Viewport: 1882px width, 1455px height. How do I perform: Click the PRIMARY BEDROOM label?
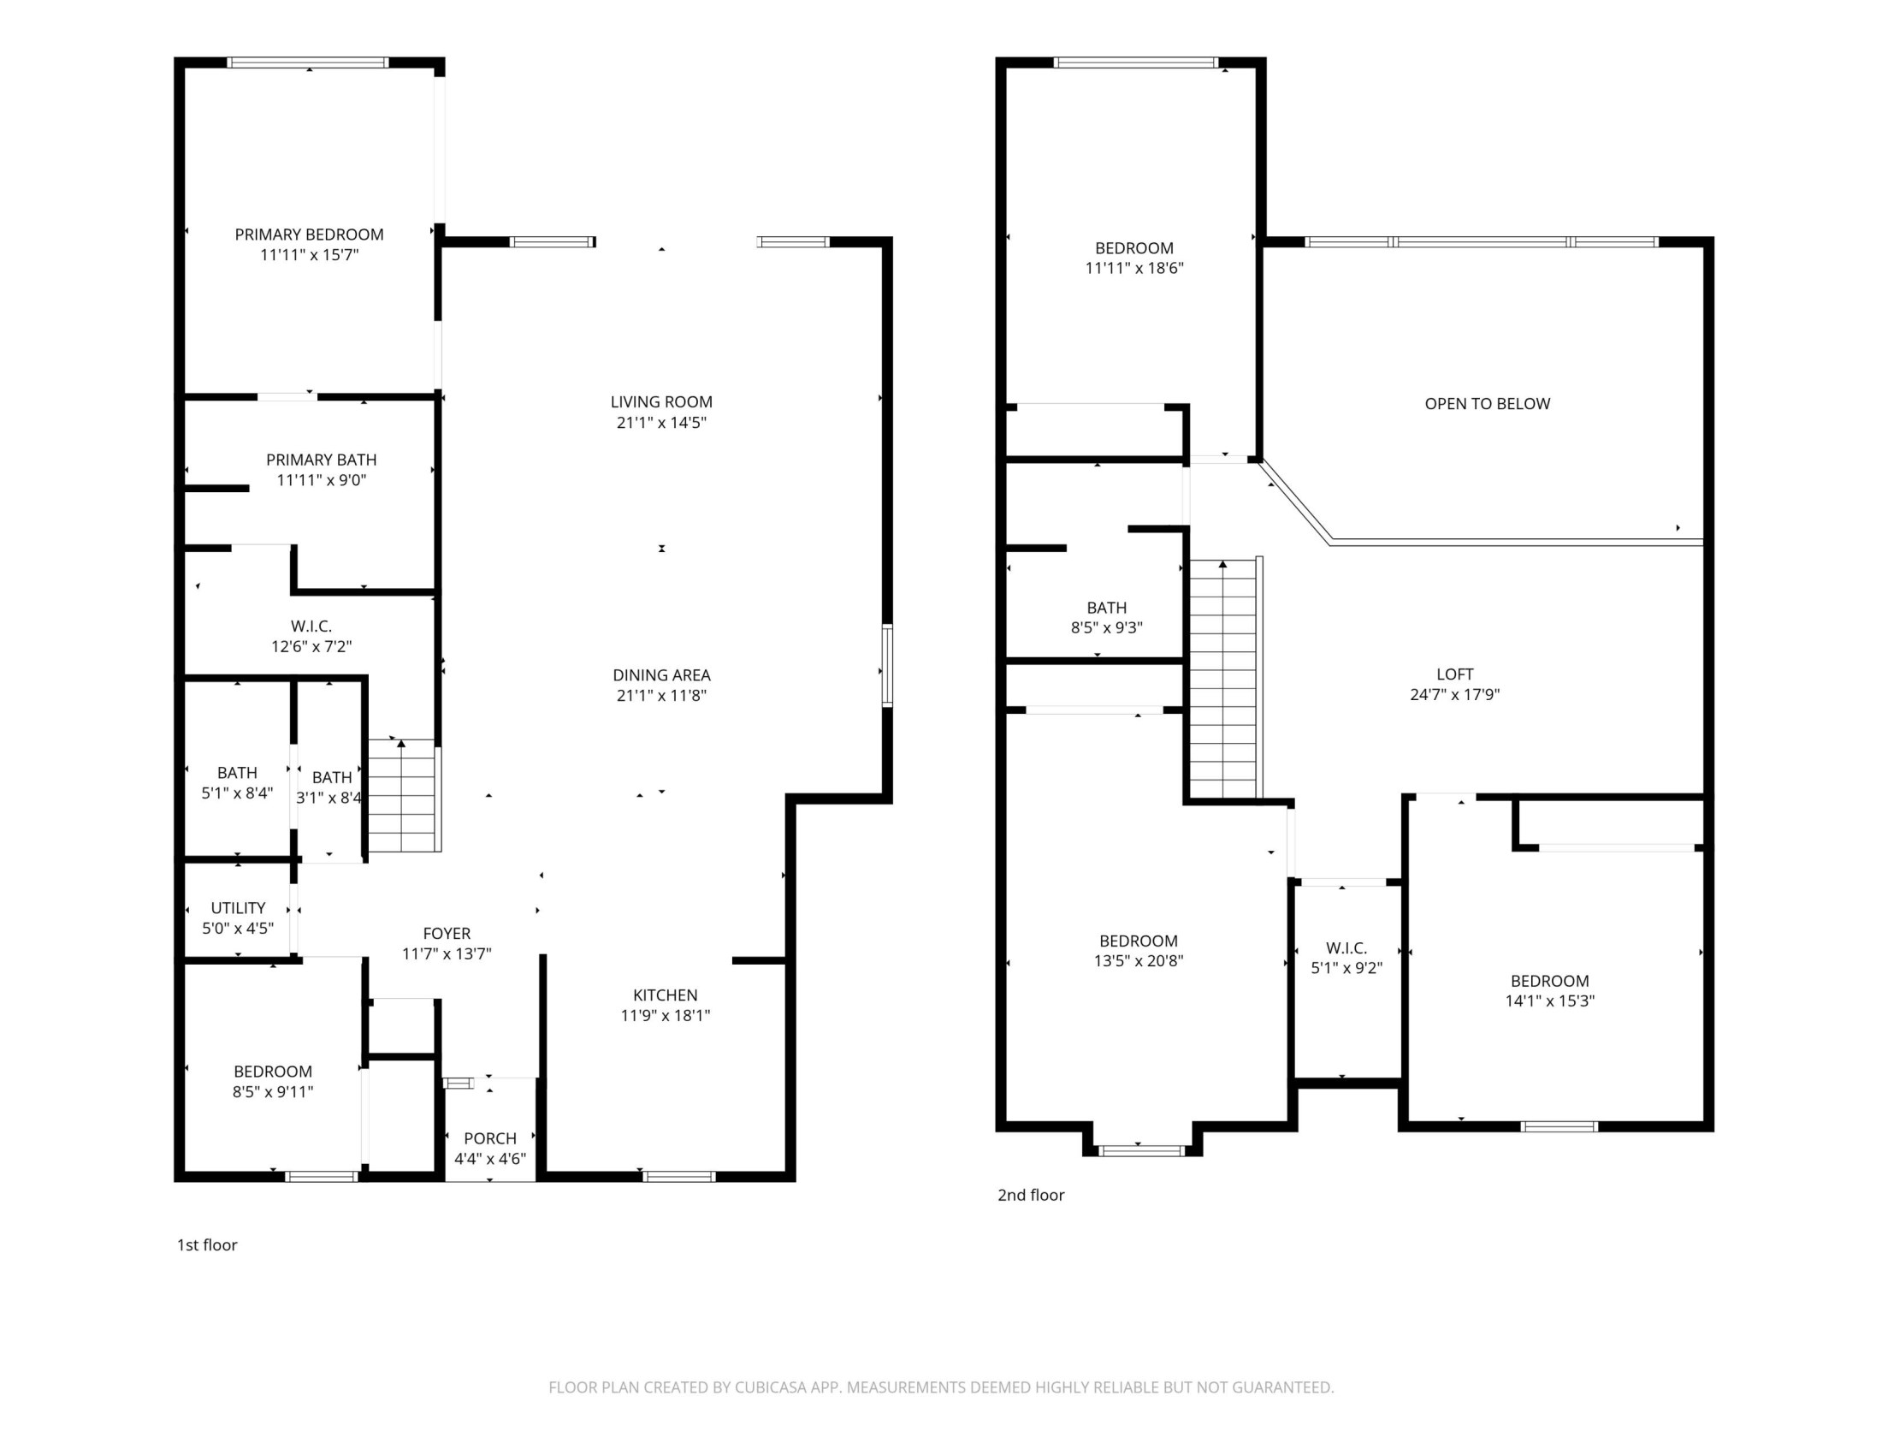click(x=309, y=235)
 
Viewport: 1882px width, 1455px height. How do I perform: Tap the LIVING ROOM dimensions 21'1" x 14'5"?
click(x=661, y=422)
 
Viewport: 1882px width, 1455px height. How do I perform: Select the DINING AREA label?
click(x=661, y=675)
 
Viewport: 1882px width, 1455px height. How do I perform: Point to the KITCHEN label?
click(x=666, y=995)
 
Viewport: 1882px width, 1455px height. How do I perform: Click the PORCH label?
click(x=490, y=1137)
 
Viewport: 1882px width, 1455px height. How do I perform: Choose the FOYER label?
click(x=447, y=933)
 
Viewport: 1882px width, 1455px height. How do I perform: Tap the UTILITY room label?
click(x=238, y=907)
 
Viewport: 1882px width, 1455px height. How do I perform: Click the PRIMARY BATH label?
click(x=321, y=460)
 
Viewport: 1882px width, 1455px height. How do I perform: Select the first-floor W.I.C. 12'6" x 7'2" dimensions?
click(x=311, y=646)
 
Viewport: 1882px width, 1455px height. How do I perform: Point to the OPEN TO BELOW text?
click(x=1488, y=403)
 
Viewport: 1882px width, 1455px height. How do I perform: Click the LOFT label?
click(x=1454, y=674)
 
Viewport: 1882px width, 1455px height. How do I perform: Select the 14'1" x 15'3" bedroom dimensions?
click(x=1549, y=1001)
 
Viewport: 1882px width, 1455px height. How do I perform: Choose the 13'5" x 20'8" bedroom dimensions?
click(x=1139, y=960)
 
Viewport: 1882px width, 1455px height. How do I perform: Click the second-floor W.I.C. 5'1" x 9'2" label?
click(x=1346, y=948)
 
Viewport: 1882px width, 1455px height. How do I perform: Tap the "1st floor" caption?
click(x=207, y=1244)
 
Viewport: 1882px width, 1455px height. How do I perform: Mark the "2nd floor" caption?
click(x=1031, y=1195)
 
